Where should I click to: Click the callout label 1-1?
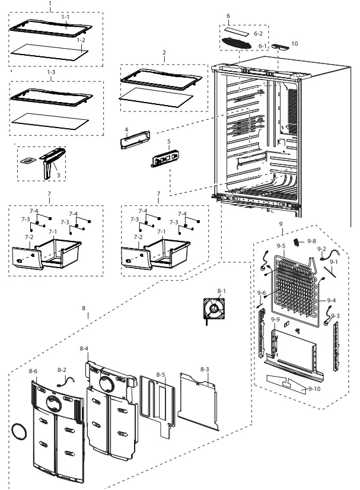(x=65, y=18)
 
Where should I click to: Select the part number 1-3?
(x=51, y=72)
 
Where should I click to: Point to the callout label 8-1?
(x=222, y=290)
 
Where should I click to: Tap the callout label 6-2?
(x=258, y=34)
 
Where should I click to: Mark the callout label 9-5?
(x=281, y=246)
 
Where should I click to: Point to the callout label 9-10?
(x=314, y=389)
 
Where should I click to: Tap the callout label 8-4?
(x=84, y=348)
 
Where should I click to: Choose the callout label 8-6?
(x=33, y=371)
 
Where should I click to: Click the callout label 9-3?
(x=336, y=315)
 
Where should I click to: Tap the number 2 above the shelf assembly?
(x=164, y=52)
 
